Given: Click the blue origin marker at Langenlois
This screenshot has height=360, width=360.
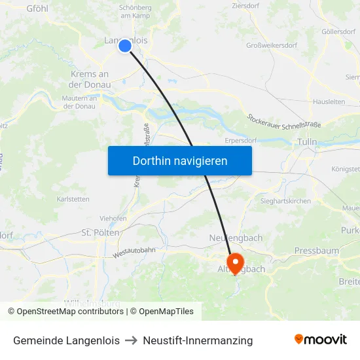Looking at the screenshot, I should [x=124, y=45].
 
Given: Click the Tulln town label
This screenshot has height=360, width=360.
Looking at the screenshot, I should [x=306, y=141].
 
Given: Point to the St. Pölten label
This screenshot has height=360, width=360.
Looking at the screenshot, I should [x=100, y=232].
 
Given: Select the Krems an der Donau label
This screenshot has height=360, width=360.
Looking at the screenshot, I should [x=90, y=79].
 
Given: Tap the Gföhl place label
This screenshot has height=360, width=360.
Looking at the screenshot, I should [x=38, y=8].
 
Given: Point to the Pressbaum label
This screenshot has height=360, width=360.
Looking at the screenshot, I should [x=316, y=251].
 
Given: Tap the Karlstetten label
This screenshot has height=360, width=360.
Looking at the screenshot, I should [x=73, y=198].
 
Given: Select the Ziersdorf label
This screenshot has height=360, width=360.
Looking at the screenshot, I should [x=247, y=6].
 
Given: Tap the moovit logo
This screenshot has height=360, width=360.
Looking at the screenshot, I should [x=321, y=339].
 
